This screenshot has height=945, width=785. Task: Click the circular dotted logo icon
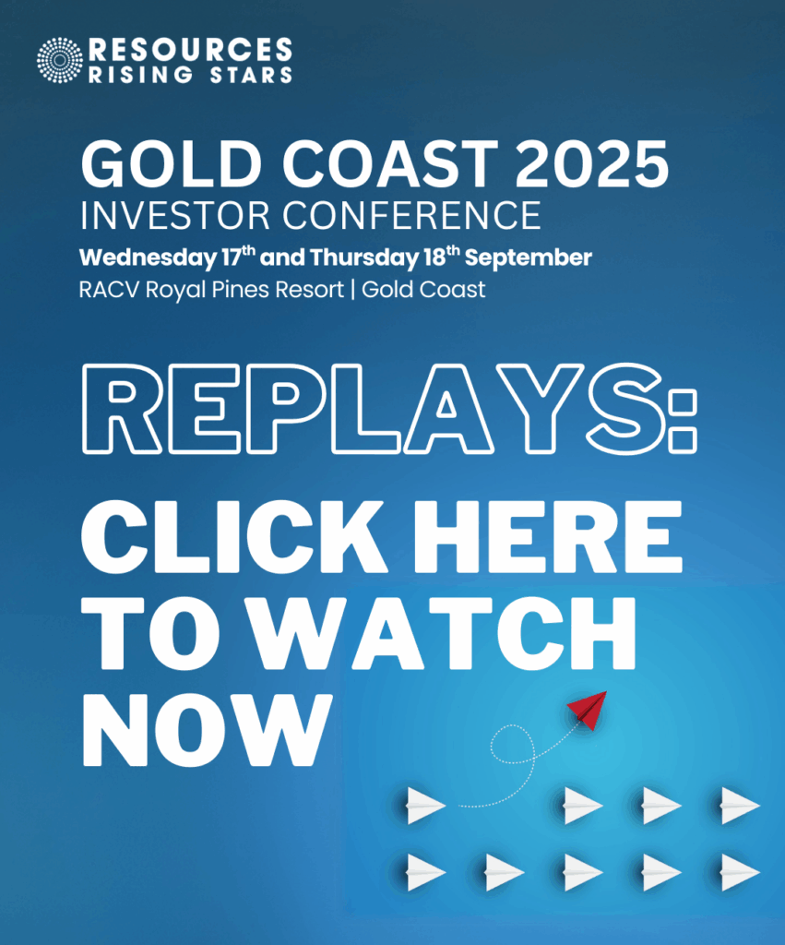[60, 60]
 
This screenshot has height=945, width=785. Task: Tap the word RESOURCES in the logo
[190, 49]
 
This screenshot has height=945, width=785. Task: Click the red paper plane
[587, 710]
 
